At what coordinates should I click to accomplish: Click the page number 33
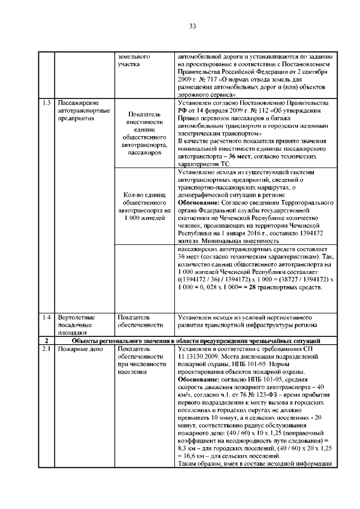pyautogui.click(x=192, y=26)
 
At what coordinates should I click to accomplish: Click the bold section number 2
pyautogui.click(x=46, y=341)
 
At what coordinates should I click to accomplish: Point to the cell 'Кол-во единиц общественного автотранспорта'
pyautogui.click(x=142, y=206)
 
